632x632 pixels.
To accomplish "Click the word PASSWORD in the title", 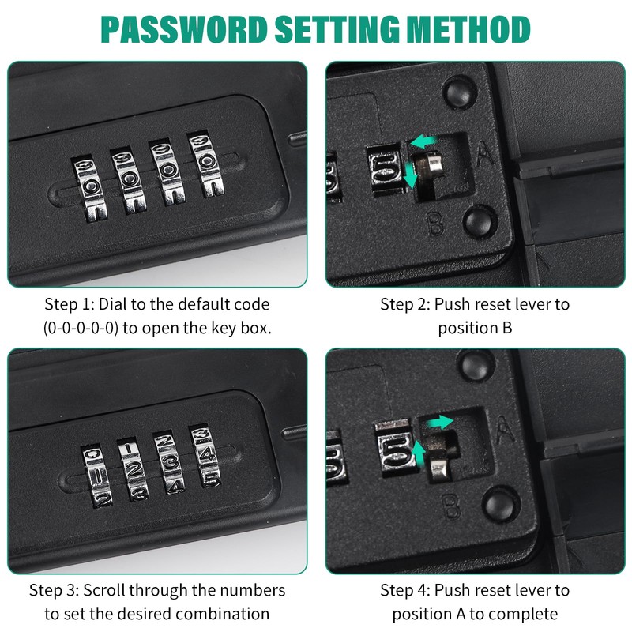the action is pyautogui.click(x=184, y=29).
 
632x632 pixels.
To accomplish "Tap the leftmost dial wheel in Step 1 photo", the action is pyautogui.click(x=90, y=189).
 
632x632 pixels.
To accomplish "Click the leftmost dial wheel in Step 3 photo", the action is pyautogui.click(x=96, y=477).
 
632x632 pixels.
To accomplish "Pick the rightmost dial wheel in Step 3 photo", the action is pyautogui.click(x=205, y=456).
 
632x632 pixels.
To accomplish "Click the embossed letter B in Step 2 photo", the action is pyautogui.click(x=436, y=224).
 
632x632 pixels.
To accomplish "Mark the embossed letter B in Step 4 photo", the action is pyautogui.click(x=451, y=506).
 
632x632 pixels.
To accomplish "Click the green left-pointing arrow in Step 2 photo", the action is pyautogui.click(x=423, y=141).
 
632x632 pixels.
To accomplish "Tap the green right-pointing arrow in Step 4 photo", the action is pyautogui.click(x=440, y=422).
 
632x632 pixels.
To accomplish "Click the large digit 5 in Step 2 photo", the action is pyautogui.click(x=386, y=169).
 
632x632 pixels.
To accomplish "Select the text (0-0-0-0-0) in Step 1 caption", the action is pyautogui.click(x=81, y=328).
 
